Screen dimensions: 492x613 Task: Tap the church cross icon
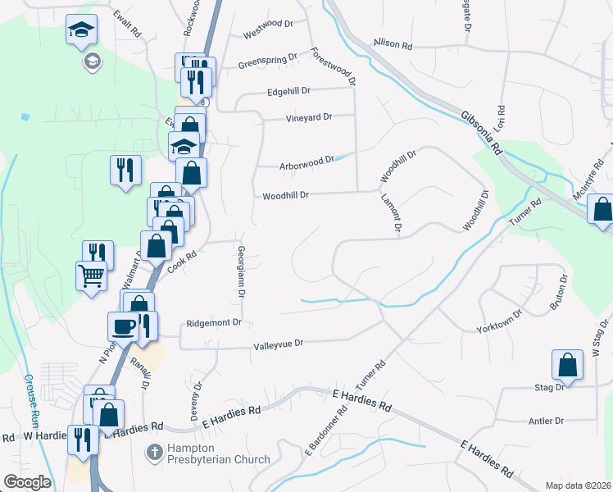[x=153, y=452]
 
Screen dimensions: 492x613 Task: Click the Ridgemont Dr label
[x=214, y=323]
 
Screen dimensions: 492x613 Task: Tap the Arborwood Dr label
[x=306, y=161]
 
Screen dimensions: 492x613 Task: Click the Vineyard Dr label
[x=308, y=117]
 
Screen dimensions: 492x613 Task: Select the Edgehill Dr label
[x=289, y=91]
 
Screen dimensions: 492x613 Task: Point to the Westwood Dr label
[x=268, y=35]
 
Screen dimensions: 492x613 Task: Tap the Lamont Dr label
[x=389, y=213]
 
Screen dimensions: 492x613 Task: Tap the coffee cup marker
[x=124, y=326]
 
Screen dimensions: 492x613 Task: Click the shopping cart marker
[x=91, y=275]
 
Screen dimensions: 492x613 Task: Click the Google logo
[x=27, y=482]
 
